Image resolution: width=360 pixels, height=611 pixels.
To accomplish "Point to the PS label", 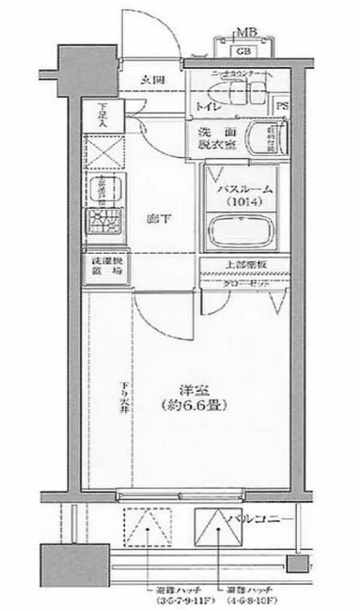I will pos(283,106).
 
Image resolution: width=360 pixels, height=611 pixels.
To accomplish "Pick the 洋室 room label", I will pos(183,390).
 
